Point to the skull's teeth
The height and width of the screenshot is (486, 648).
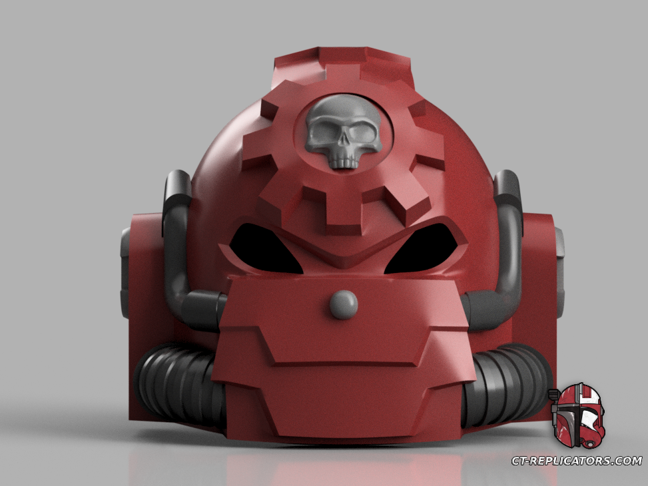point(344,161)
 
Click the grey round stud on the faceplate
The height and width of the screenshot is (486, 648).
point(344,303)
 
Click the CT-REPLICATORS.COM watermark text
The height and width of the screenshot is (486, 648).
point(577,461)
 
